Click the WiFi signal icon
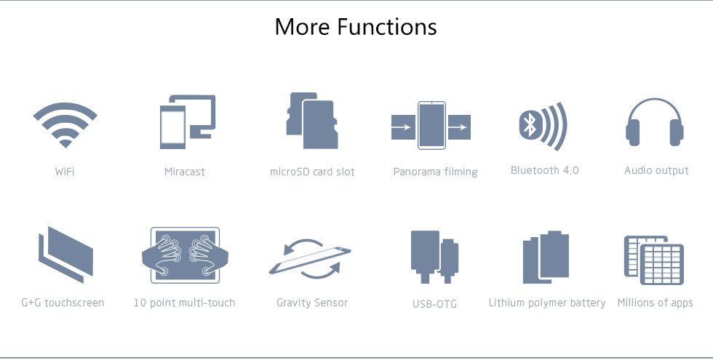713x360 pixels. [x=65, y=125]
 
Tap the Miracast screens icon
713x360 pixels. [x=188, y=122]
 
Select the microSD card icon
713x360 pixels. [x=312, y=121]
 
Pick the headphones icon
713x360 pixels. [x=654, y=122]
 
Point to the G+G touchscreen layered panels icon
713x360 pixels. [x=66, y=255]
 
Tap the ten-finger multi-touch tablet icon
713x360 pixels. [x=185, y=255]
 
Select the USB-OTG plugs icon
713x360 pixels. [x=434, y=257]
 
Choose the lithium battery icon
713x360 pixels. [x=546, y=257]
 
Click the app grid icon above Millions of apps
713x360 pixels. [x=654, y=260]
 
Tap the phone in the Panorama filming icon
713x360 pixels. [x=431, y=125]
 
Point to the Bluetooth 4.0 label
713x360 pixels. [x=545, y=170]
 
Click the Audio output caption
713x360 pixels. [x=656, y=171]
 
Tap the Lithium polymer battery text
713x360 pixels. [x=547, y=303]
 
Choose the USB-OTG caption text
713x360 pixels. [x=435, y=304]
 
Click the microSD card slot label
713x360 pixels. [x=312, y=172]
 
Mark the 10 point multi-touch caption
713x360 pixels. [x=184, y=303]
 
